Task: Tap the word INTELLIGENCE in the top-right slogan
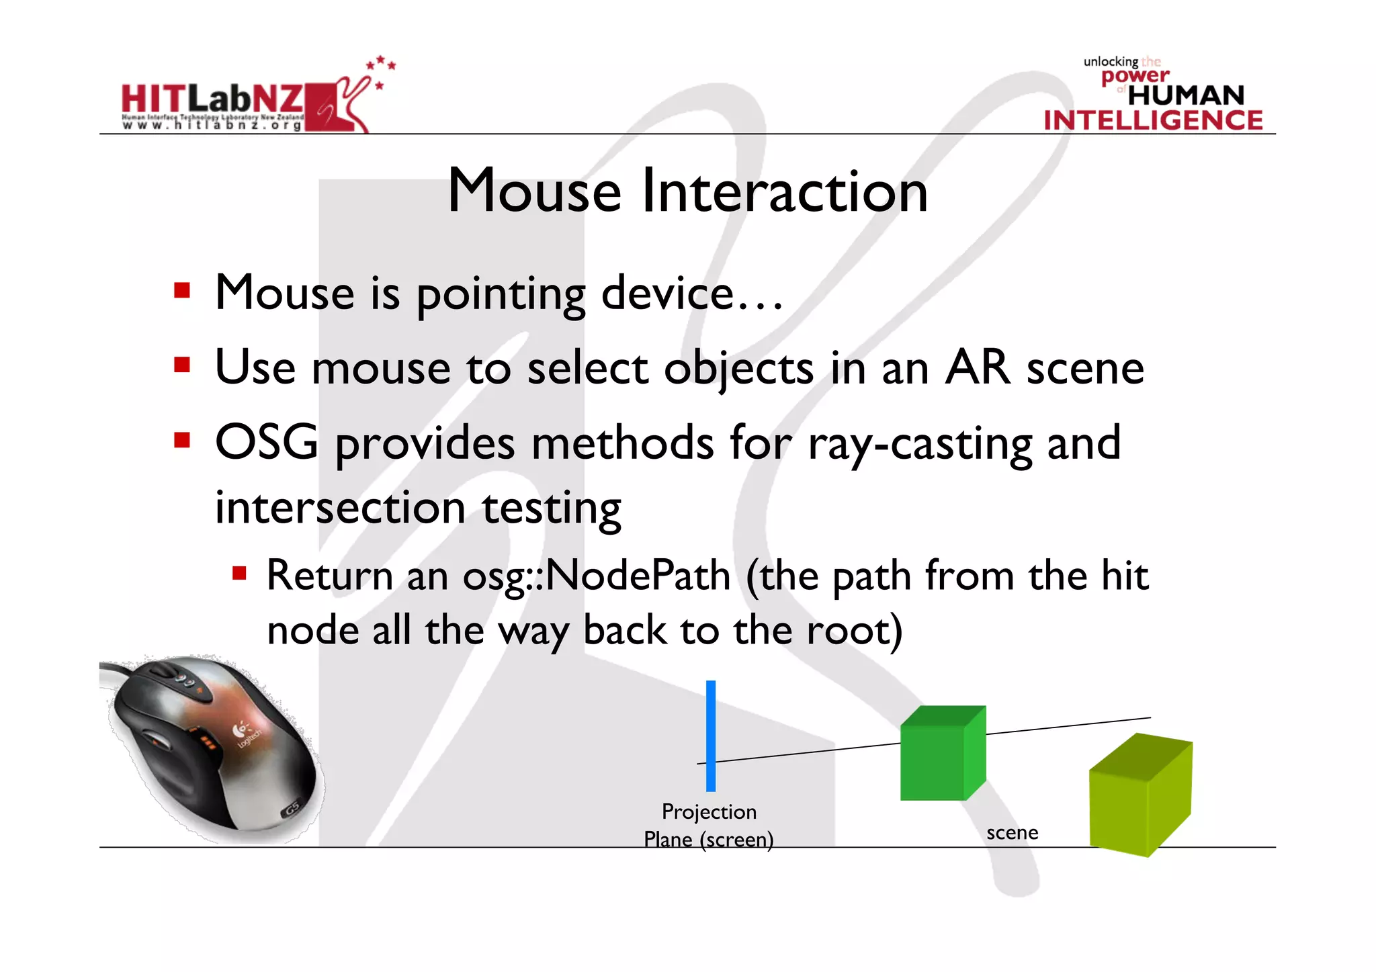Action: (x=1153, y=120)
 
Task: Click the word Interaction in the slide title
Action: (x=784, y=191)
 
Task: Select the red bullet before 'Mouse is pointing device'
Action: (x=181, y=291)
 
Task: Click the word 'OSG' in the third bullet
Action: (x=266, y=443)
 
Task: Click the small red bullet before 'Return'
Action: (x=239, y=574)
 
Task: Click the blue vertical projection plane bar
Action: (x=710, y=735)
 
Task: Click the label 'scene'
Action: (x=1012, y=833)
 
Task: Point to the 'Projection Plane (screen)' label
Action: (x=709, y=826)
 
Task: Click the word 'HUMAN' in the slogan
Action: (x=1186, y=95)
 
